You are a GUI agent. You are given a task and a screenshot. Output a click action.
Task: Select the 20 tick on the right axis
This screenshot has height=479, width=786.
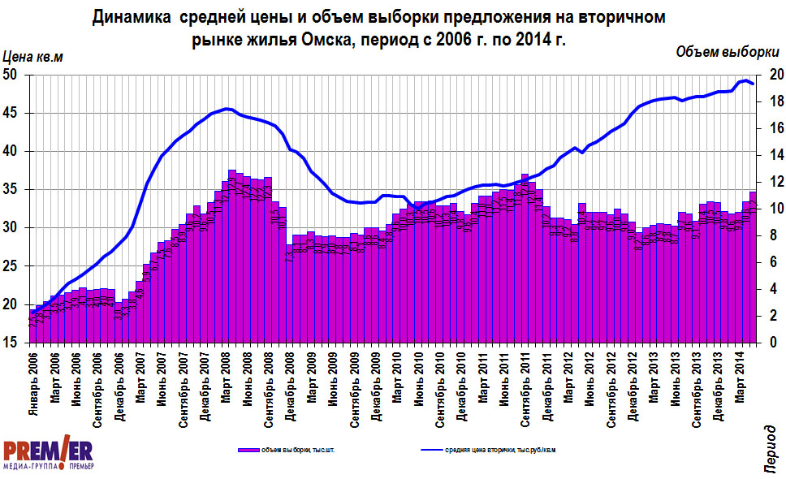(775, 75)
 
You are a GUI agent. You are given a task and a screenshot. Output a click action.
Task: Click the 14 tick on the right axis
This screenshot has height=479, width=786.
(775, 155)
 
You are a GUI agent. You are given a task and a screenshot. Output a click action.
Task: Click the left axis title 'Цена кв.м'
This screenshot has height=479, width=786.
(33, 57)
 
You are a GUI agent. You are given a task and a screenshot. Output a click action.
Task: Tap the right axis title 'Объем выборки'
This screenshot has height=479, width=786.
(728, 52)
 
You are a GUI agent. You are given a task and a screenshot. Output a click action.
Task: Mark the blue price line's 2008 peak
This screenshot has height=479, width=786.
(227, 109)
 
